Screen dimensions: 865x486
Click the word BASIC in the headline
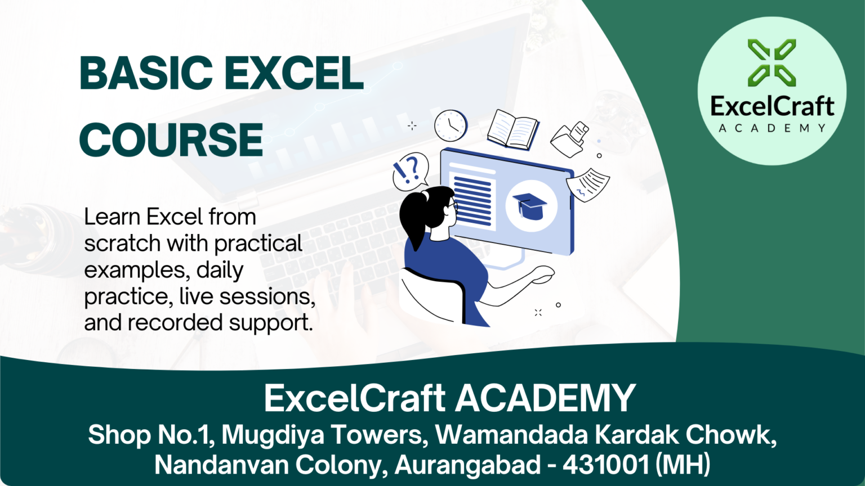(146, 73)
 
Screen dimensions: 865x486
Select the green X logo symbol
(772, 62)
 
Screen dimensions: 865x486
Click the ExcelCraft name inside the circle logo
(772, 106)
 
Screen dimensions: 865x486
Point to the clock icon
(451, 125)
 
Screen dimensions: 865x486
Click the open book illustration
(513, 129)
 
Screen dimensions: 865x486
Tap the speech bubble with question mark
(411, 172)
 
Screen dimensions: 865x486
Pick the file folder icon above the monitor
(569, 139)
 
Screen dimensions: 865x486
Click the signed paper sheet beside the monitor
(588, 184)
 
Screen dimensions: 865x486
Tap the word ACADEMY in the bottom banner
(545, 398)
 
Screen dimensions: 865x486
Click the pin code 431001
(605, 465)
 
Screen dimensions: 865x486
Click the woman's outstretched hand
(542, 273)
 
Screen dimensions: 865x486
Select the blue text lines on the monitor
(473, 200)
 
